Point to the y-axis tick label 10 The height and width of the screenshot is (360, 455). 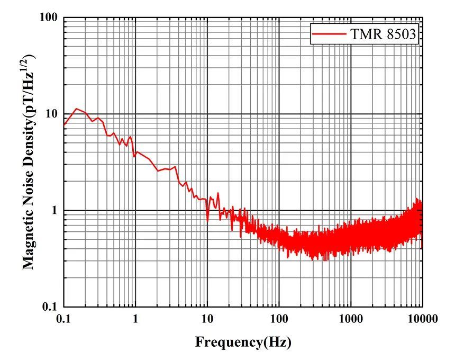(51, 114)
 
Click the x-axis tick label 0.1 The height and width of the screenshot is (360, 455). (63, 319)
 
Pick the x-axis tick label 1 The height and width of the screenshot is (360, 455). (135, 319)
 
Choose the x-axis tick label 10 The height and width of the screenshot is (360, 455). (207, 319)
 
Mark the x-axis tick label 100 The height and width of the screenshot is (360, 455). (279, 319)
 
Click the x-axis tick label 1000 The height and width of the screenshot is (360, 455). (350, 319)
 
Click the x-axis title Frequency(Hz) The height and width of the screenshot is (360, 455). (243, 342)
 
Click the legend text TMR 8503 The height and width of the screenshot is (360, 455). (384, 35)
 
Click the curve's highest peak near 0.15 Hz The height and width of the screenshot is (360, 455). (77, 109)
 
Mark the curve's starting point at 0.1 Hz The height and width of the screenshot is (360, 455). (64, 124)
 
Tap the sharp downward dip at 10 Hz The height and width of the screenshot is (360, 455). (207, 220)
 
